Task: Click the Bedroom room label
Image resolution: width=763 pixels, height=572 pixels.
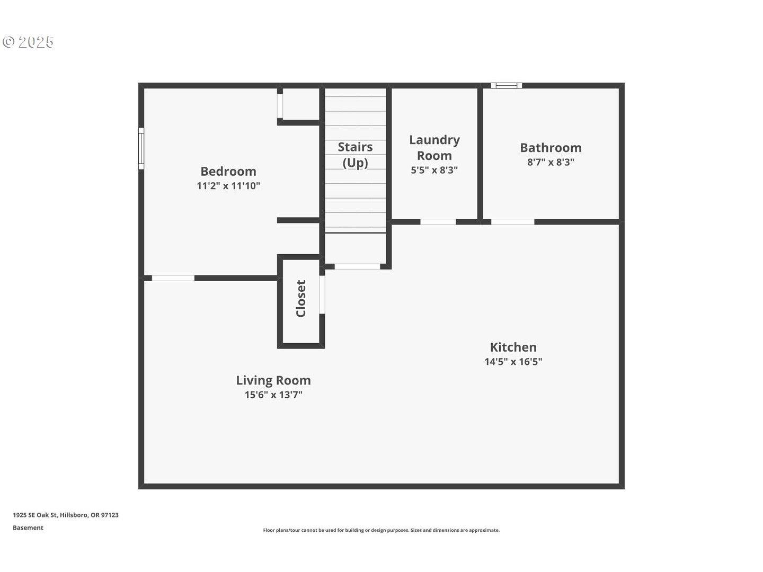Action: (228, 171)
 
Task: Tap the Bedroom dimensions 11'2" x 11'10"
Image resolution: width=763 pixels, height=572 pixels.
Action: (228, 186)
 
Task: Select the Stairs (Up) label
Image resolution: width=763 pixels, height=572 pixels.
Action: (355, 155)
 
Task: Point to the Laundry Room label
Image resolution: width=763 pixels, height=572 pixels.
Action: (434, 148)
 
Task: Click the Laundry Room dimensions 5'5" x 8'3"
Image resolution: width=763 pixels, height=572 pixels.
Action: (434, 170)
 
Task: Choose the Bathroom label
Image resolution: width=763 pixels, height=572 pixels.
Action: (551, 148)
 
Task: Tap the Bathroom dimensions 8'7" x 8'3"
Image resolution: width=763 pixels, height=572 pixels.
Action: (551, 162)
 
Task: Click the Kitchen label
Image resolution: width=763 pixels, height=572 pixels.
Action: (513, 347)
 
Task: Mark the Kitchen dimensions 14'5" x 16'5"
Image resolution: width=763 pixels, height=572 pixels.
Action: (513, 362)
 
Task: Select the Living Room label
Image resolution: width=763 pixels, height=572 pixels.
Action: (273, 380)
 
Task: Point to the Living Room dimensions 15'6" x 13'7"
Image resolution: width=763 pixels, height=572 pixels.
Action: (273, 395)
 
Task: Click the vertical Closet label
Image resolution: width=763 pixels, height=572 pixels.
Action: (300, 299)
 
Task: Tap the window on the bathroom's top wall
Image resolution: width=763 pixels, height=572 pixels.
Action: (507, 85)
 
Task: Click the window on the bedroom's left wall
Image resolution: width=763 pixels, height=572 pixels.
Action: (141, 149)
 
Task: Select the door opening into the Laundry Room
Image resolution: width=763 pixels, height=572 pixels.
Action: (438, 222)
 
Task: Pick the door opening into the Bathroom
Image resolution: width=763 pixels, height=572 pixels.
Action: (513, 222)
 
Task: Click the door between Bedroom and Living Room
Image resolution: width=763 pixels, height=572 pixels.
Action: (173, 278)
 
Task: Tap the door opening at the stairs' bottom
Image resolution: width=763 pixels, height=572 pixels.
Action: (357, 267)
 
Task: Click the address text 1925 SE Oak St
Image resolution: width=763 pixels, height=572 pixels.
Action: (35, 515)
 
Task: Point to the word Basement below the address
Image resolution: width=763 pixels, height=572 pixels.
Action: (28, 528)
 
